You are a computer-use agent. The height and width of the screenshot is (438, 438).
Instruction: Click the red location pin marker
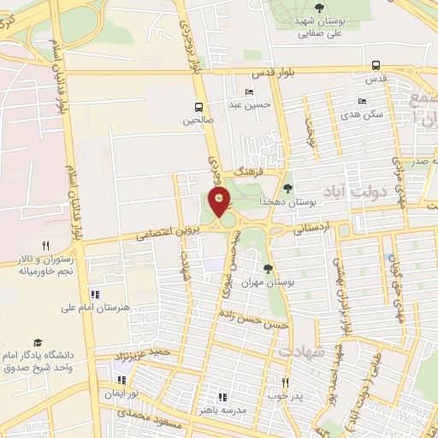tap(221, 203)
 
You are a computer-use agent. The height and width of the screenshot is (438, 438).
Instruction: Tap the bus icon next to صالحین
tap(198, 108)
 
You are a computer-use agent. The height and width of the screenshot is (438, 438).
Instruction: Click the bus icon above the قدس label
tap(376, 65)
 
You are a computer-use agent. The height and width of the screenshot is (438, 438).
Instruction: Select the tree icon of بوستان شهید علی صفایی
tap(319, 8)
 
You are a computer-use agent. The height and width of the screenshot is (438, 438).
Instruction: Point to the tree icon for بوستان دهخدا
tap(287, 188)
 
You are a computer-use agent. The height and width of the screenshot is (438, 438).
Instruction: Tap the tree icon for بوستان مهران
tap(268, 269)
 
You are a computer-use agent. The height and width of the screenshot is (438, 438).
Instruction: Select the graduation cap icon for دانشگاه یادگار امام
tap(38, 341)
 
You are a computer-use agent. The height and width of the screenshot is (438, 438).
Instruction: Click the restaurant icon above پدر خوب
tap(286, 383)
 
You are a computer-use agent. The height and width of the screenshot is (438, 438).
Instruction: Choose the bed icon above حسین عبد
tap(249, 92)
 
